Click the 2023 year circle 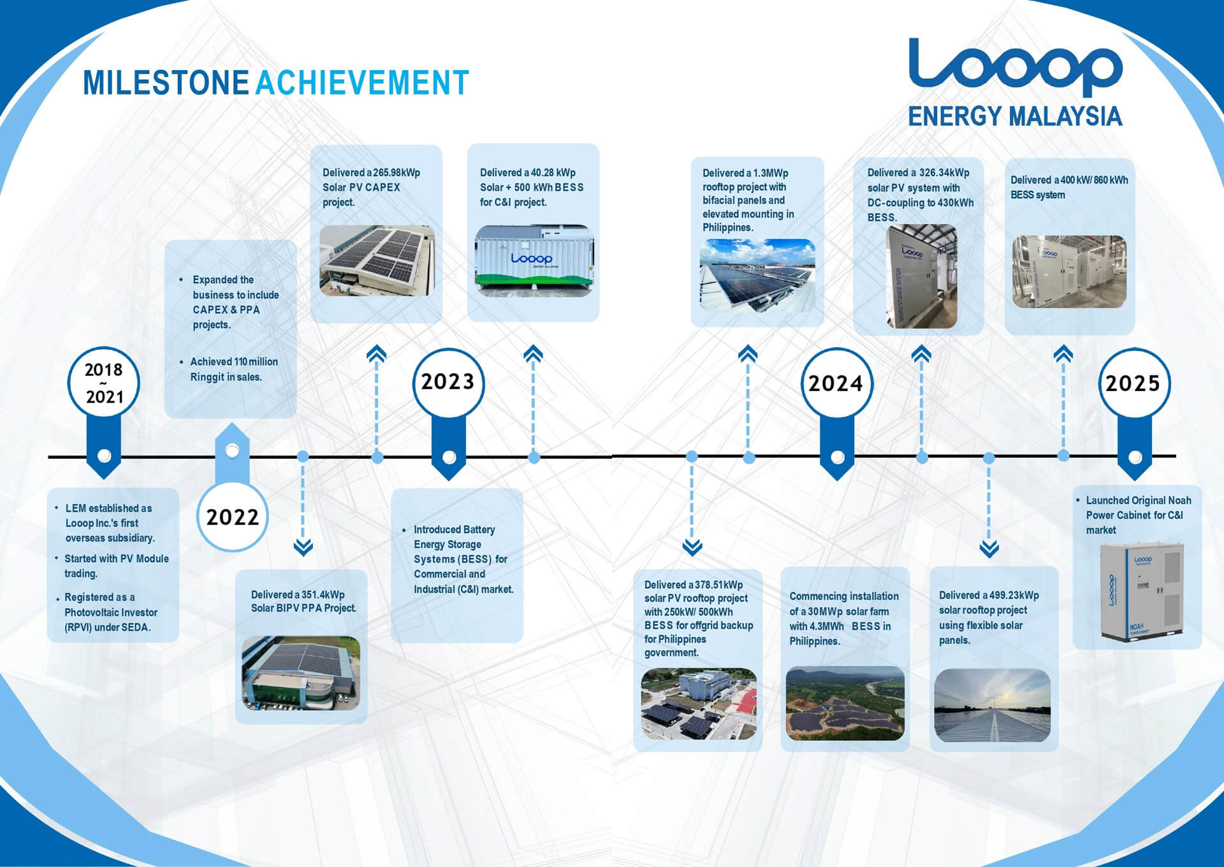[x=448, y=383]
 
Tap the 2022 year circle [x=233, y=516]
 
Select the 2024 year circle [x=836, y=383]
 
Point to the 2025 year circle [x=1133, y=383]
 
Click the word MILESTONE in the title [x=166, y=83]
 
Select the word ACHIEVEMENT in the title [x=362, y=83]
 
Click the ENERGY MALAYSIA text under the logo [x=1015, y=116]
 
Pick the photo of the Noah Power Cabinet [x=1141, y=591]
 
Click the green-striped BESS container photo [x=534, y=260]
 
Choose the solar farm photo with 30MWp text [x=845, y=704]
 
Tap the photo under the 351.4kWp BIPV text [x=301, y=673]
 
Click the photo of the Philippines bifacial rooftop [x=757, y=276]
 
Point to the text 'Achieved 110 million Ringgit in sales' [x=234, y=369]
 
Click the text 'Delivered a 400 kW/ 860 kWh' [x=1069, y=180]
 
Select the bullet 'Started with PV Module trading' [x=117, y=566]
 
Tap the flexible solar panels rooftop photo [x=992, y=706]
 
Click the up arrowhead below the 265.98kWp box [x=377, y=353]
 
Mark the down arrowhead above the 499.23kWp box [x=989, y=549]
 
